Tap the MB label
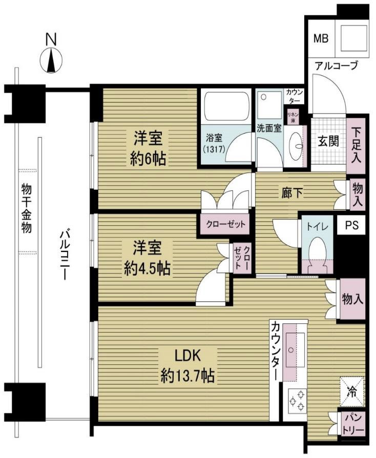click(x=321, y=38)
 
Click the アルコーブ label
click(x=336, y=66)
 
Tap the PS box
click(x=351, y=225)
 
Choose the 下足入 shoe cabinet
click(x=356, y=145)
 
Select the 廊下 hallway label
click(x=292, y=193)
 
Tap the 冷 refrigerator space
click(x=352, y=392)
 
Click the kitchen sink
click(x=295, y=350)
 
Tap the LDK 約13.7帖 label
click(x=187, y=365)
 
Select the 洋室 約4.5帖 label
click(x=147, y=258)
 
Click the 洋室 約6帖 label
click(x=148, y=149)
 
